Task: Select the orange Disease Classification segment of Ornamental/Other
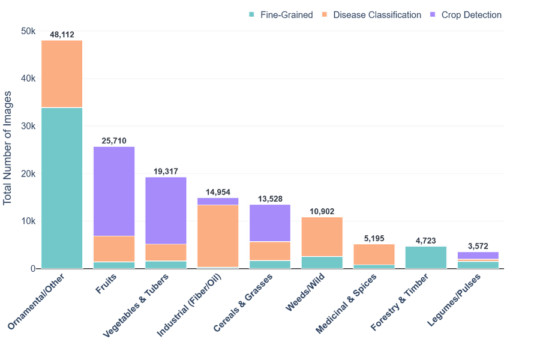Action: pos(62,74)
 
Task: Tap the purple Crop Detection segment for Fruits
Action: pos(114,191)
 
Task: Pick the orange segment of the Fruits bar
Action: pos(114,249)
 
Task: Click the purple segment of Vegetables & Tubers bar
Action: pos(166,210)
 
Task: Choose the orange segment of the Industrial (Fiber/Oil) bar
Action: pos(218,236)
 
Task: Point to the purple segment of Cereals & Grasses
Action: pos(270,223)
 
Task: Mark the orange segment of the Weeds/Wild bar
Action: pos(322,236)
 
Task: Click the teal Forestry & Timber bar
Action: pos(426,257)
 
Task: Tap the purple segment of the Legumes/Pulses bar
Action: pos(478,255)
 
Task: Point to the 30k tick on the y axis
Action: pos(29,126)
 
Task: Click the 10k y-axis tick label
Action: pos(29,221)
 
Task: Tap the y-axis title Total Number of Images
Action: pos(8,148)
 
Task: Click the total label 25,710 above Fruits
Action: pos(114,141)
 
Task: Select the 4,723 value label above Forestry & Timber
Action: pos(426,241)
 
